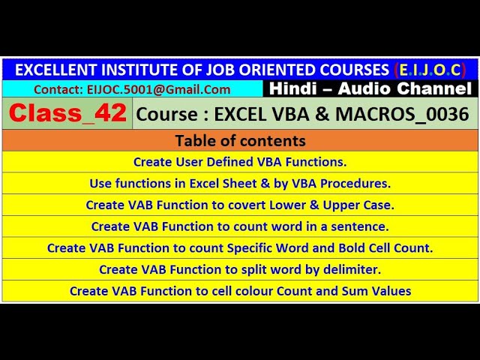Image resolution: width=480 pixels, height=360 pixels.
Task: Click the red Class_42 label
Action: coord(67,113)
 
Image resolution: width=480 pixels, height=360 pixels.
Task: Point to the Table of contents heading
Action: coord(240,140)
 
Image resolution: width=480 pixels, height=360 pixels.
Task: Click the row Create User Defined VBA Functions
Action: coord(240,161)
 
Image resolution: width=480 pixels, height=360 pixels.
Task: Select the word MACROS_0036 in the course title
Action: coord(422,114)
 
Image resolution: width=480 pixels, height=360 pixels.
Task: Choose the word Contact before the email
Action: coord(53,89)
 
